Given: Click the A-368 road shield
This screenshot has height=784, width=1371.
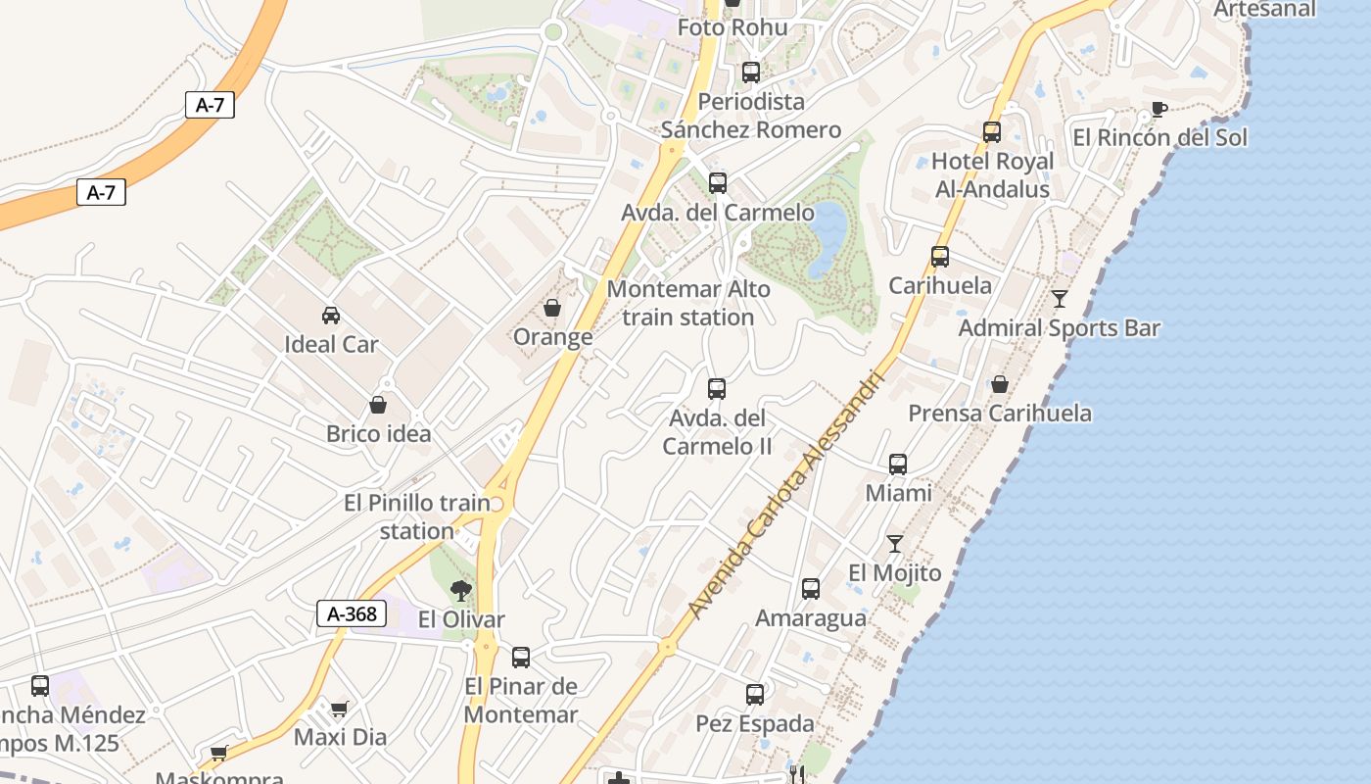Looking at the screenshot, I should click(x=352, y=614).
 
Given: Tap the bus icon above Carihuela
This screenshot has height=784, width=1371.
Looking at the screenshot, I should click(x=940, y=257).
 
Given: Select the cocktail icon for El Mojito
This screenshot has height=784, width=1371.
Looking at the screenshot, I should click(x=894, y=543).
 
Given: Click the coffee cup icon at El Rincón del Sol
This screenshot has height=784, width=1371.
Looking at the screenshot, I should click(x=1159, y=109).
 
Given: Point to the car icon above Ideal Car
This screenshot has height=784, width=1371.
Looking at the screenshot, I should click(x=331, y=315).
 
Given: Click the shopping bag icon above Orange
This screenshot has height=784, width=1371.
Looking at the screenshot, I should click(x=552, y=308).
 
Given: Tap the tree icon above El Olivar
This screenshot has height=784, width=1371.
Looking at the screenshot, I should click(x=460, y=590).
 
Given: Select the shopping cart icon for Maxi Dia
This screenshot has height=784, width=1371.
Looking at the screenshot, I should click(x=339, y=708).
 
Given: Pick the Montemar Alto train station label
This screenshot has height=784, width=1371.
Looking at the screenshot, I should click(x=688, y=303).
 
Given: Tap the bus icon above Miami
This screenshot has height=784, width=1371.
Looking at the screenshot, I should click(x=898, y=464).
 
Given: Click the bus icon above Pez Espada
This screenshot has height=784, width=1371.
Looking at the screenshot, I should click(x=754, y=695).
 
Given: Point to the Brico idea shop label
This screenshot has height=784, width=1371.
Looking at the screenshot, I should click(x=379, y=433).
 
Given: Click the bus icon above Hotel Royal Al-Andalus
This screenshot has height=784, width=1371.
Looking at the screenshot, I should click(x=992, y=131).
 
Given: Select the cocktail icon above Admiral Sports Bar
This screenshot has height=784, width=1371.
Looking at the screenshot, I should click(x=1060, y=299).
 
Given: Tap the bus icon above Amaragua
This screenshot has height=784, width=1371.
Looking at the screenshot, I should click(x=811, y=589).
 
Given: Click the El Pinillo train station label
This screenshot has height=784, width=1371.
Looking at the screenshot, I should click(x=417, y=516).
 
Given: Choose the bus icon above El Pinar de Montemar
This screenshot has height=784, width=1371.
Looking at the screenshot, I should click(x=521, y=657).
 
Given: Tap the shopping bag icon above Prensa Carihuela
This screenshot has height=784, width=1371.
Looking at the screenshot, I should click(x=1000, y=384).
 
